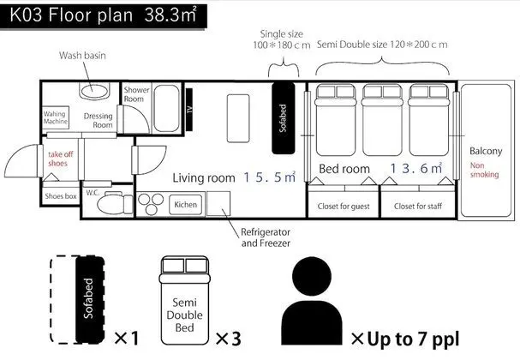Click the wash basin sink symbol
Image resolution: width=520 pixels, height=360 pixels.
coord(94,91)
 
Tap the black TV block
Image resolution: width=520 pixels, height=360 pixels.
coord(189,109)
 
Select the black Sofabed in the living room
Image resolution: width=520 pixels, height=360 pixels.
coord(284,118)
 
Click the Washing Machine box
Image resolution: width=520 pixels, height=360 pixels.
coord(56,117)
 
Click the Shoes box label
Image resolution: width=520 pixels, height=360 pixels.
coord(61,196)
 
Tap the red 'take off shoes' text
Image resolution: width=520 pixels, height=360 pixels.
coord(60,159)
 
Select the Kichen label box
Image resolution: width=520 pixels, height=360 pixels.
coord(185,204)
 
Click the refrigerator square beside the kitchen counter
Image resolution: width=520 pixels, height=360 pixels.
coord(218,203)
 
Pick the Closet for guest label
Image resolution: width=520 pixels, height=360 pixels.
coord(344,206)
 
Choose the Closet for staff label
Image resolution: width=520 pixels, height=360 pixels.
coord(418,206)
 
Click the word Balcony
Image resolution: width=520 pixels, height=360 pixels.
coord(486,152)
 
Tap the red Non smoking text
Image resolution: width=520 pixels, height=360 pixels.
coord(484,170)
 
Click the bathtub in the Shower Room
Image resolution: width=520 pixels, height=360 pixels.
coord(167,109)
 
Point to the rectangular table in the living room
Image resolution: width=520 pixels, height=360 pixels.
coord(238,118)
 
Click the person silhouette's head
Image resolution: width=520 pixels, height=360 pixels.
coord(312,276)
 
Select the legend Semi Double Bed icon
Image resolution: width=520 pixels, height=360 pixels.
coord(185,301)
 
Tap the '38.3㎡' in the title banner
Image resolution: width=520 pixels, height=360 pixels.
coord(170,15)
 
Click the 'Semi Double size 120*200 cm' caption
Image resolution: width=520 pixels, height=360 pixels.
coord(382,45)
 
